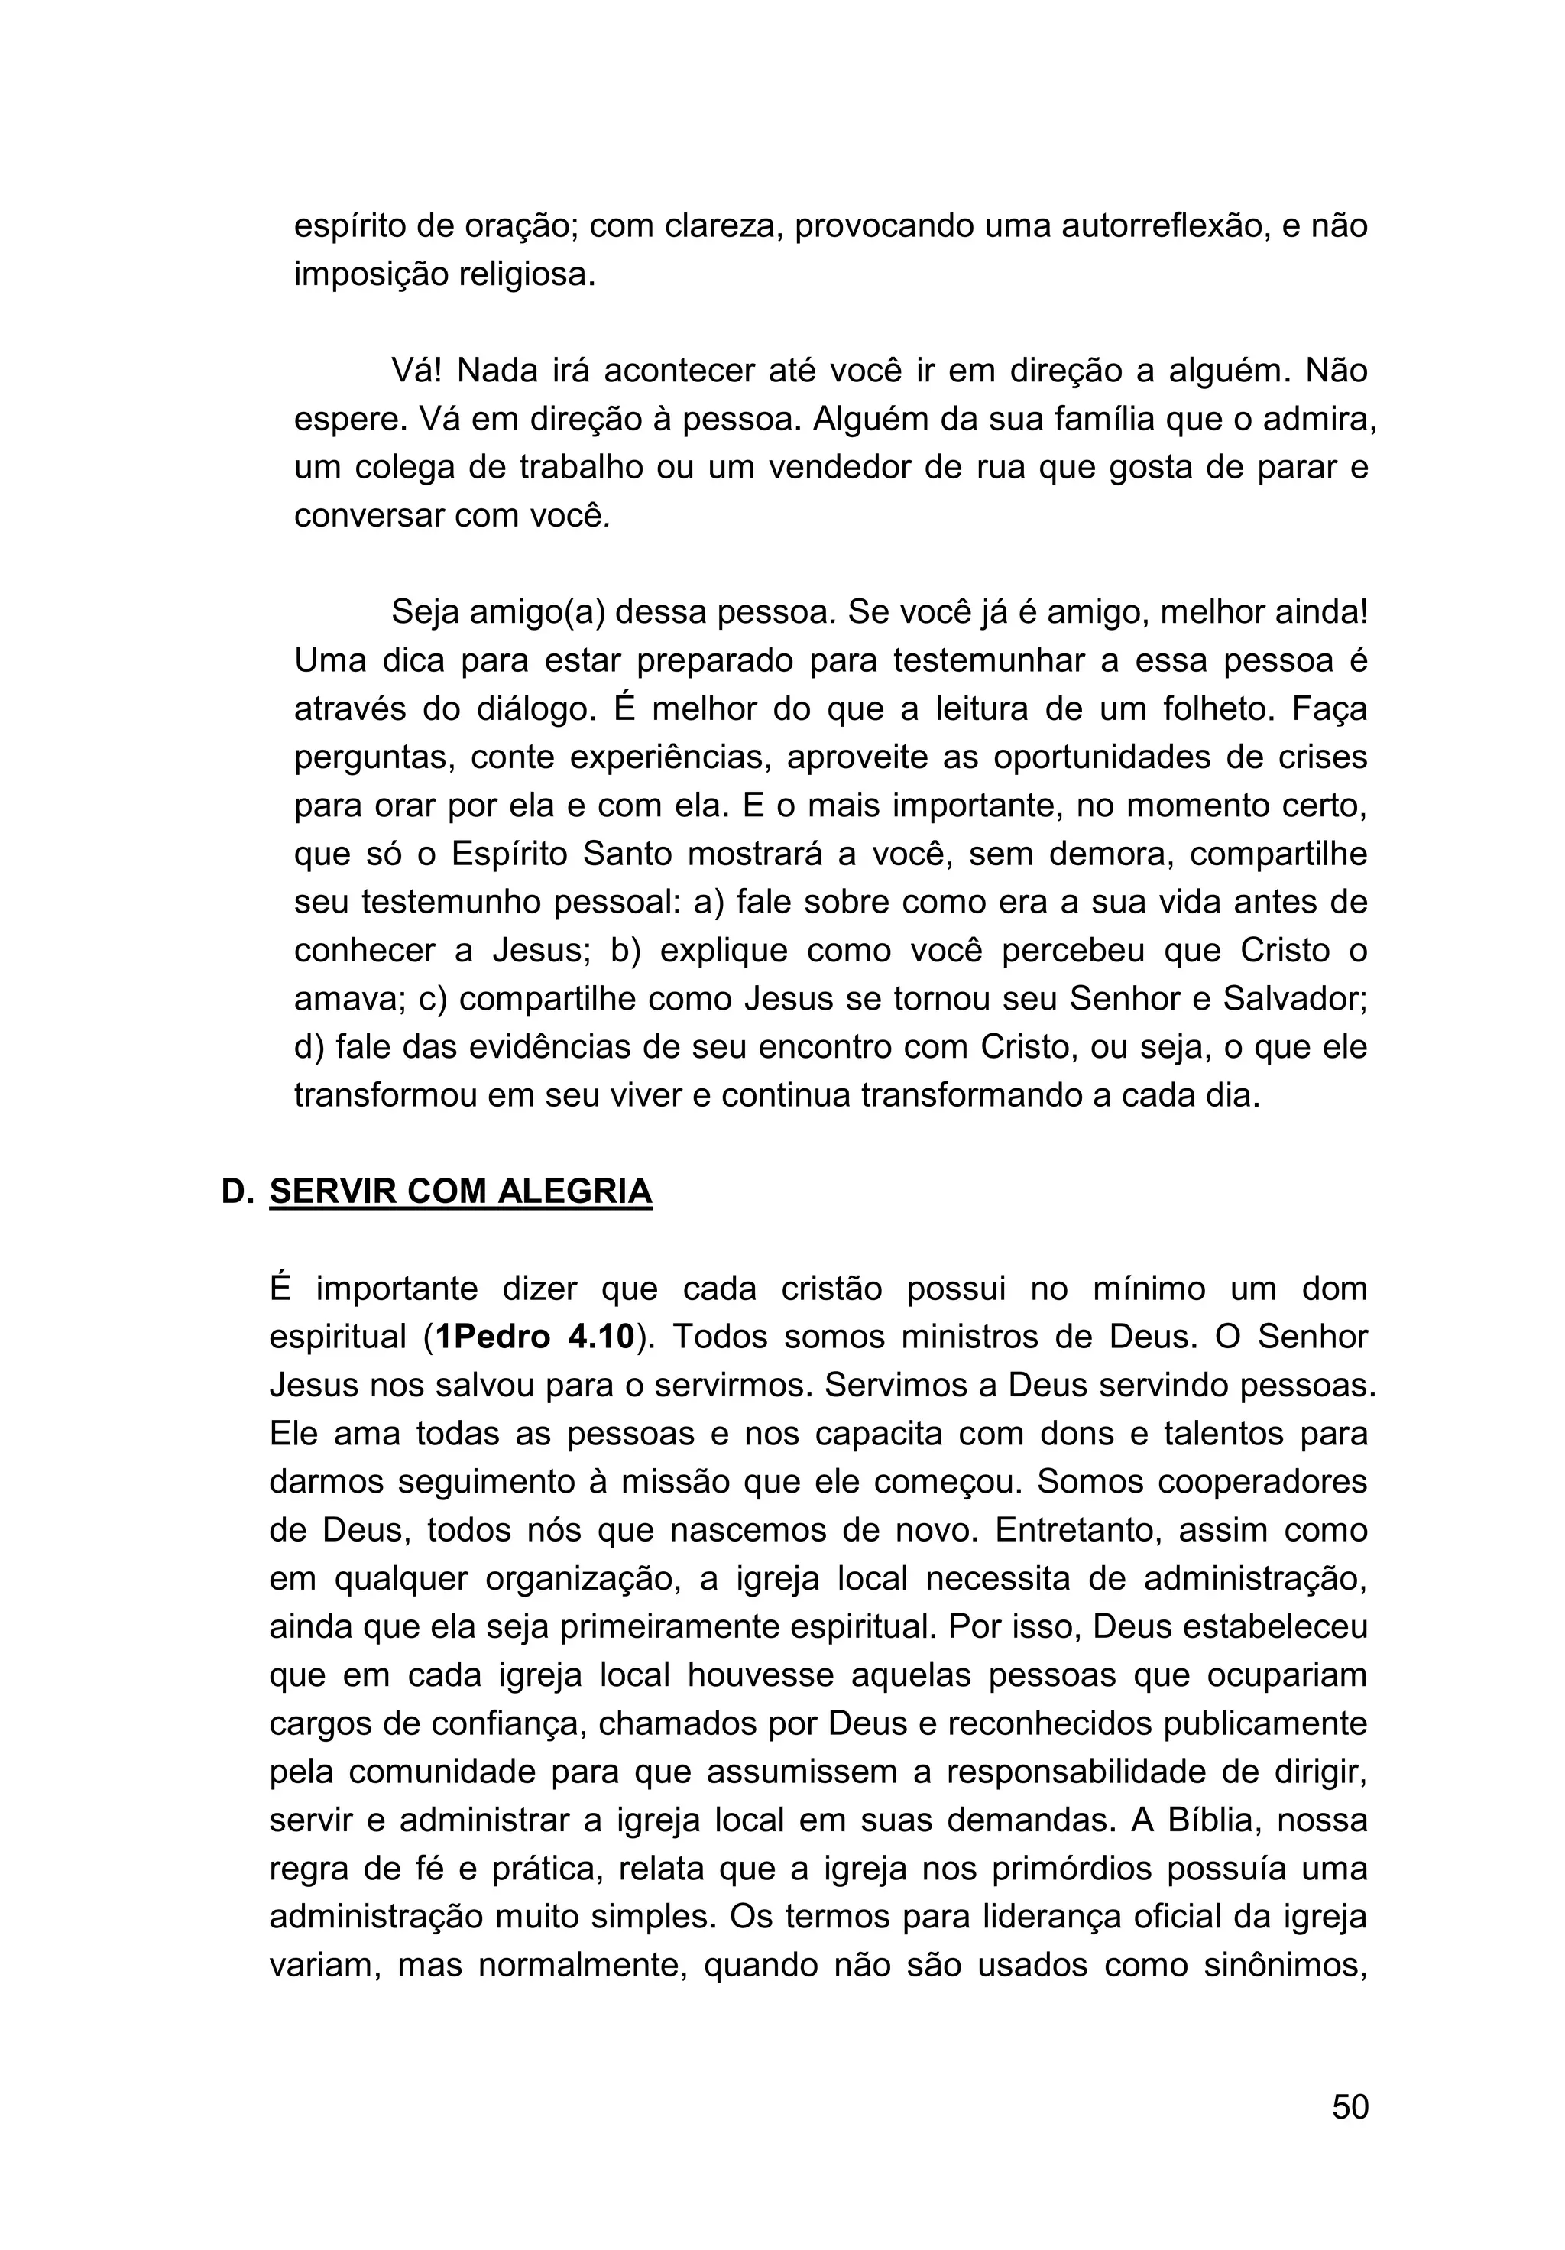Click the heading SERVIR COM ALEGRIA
(461, 1191)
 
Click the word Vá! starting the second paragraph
(417, 371)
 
